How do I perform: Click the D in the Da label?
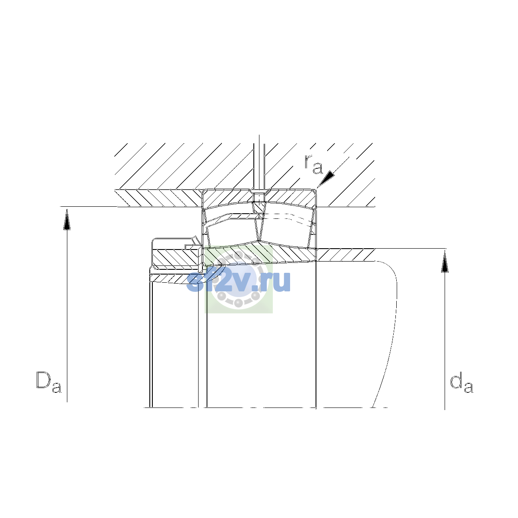coord(44,380)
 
